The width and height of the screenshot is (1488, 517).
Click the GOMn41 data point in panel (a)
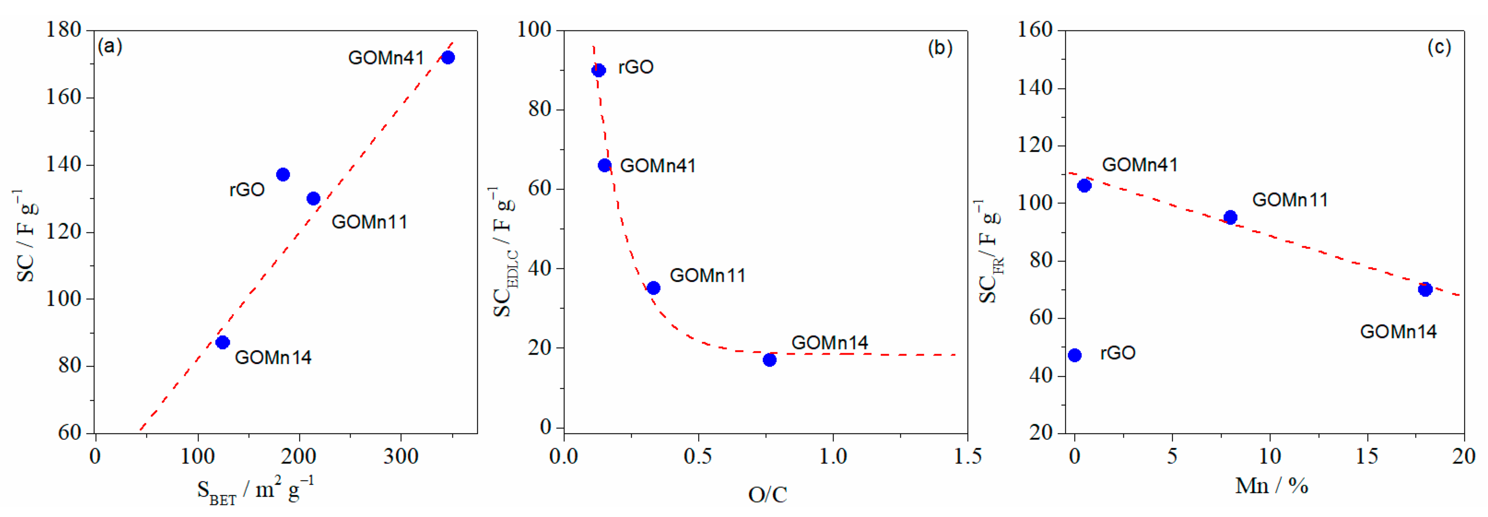[x=447, y=57]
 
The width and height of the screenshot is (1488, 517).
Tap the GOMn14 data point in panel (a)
[x=223, y=342]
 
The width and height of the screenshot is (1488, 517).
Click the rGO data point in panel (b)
[x=599, y=71]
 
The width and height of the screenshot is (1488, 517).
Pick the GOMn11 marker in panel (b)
[x=653, y=288]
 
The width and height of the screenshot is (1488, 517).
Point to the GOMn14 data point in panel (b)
[x=770, y=360]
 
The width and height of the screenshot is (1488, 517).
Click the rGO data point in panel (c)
[x=1074, y=355]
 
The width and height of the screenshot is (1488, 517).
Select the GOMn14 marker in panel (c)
[x=1425, y=290]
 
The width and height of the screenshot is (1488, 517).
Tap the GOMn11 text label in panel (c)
[x=1290, y=200]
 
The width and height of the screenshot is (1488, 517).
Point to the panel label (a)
[x=110, y=46]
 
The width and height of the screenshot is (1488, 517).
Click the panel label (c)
[x=1439, y=48]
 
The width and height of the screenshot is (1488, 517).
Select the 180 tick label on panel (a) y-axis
[x=64, y=30]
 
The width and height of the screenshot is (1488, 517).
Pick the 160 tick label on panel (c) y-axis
[x=1035, y=30]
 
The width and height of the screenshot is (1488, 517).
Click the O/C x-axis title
[x=767, y=495]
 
